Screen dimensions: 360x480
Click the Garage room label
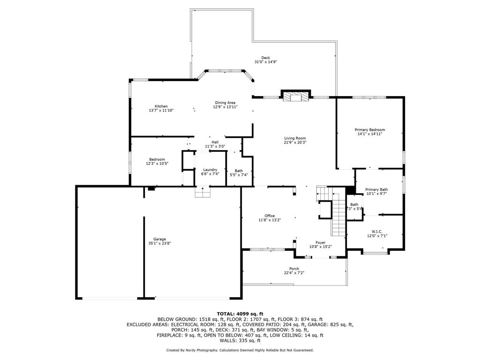(x=159, y=239)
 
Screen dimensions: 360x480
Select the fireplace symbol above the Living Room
(x=296, y=97)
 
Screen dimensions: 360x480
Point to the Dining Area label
(x=225, y=103)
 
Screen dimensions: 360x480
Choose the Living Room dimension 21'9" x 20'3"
(x=295, y=142)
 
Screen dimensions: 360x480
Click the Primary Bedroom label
(x=370, y=130)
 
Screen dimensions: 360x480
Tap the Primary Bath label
(x=376, y=189)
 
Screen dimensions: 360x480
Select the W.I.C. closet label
(x=377, y=232)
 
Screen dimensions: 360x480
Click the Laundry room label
(x=210, y=170)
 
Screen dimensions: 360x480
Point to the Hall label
(x=215, y=142)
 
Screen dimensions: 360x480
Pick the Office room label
(x=270, y=216)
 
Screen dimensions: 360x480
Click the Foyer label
(x=320, y=242)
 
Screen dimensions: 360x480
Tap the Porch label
(x=294, y=269)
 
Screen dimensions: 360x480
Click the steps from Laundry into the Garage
(x=202, y=192)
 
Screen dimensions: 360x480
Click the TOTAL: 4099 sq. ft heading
(x=240, y=314)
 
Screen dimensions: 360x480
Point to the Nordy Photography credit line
(x=240, y=350)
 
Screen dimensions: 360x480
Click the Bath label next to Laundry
(x=239, y=171)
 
